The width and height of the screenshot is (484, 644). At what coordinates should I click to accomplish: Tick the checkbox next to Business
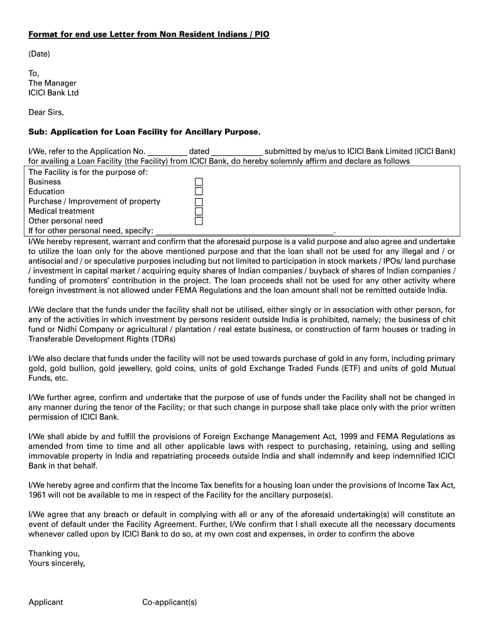coord(199,182)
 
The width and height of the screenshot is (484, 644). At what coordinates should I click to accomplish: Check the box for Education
coord(199,192)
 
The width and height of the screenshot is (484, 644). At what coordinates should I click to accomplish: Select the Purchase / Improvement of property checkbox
coord(199,202)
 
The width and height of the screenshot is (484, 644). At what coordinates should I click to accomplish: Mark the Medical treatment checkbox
coord(199,211)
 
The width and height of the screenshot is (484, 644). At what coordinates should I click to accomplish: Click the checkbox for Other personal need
coord(199,221)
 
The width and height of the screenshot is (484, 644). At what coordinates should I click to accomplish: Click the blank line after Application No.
coord(167,152)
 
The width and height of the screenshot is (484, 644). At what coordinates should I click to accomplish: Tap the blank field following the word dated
coord(236,152)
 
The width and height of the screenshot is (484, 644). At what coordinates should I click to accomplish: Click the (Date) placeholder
coord(39,54)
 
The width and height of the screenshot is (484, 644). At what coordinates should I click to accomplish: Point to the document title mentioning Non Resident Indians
coord(149,35)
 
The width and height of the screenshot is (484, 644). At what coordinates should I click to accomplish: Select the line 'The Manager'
coord(52,83)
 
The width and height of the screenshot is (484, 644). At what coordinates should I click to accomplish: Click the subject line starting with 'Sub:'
coord(144,132)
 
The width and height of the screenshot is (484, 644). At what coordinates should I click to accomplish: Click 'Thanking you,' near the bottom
coord(54,553)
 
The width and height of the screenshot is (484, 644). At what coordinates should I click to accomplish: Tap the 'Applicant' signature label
coord(46,602)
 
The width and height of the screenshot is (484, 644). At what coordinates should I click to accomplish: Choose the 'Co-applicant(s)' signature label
coord(170,602)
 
